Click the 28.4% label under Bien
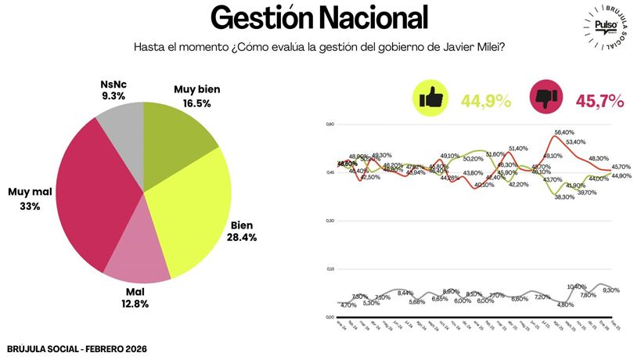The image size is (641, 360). point(242,236)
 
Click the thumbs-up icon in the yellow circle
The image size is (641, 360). point(431,99)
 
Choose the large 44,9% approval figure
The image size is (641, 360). point(485,101)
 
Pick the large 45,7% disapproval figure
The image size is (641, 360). point(600,101)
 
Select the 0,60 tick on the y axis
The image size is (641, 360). point(330,124)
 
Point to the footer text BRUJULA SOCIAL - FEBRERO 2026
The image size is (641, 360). point(77,348)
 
